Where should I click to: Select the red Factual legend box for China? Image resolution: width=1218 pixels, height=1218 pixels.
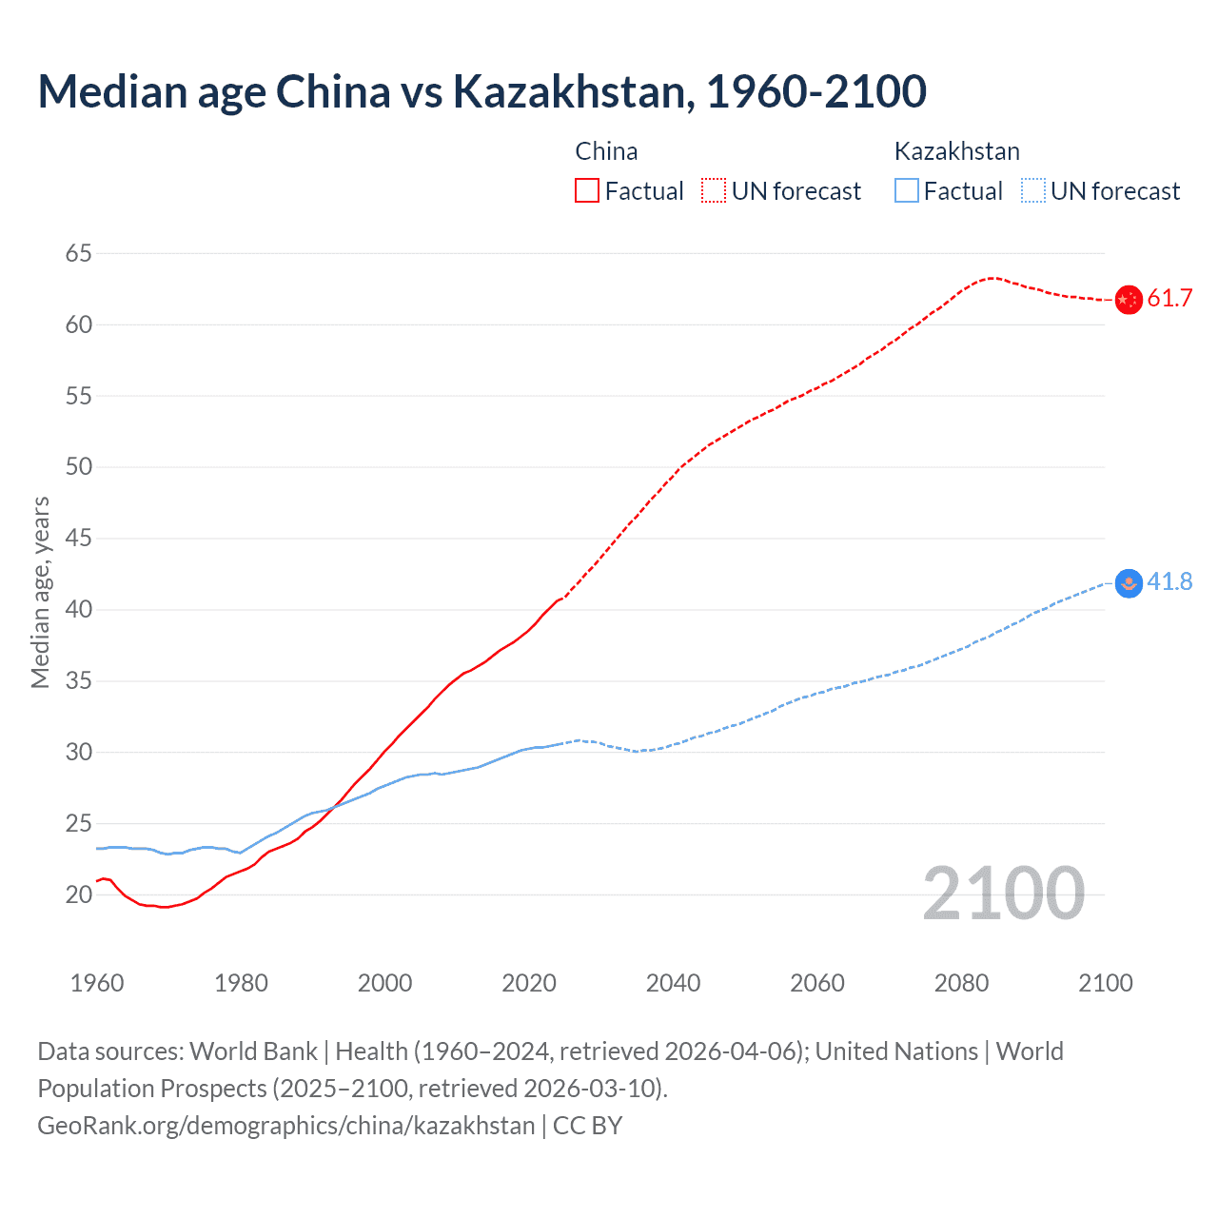(x=587, y=191)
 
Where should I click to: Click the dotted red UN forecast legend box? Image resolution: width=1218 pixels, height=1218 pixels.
(x=714, y=191)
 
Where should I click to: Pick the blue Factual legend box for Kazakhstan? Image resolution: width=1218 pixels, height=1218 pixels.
(x=907, y=191)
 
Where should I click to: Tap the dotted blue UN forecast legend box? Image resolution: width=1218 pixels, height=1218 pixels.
(x=1032, y=191)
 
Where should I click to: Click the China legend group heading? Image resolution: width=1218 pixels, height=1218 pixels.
(x=606, y=151)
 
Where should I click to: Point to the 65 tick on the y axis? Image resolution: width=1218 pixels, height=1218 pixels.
(x=79, y=253)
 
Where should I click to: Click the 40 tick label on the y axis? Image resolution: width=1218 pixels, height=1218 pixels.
(x=79, y=609)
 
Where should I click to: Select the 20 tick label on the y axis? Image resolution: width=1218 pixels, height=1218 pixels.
(x=79, y=894)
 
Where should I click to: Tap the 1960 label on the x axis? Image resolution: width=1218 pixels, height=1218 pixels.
(x=97, y=983)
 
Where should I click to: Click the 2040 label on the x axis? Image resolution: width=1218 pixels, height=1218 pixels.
(x=673, y=983)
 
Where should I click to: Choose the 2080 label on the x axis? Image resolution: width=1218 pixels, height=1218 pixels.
(x=961, y=983)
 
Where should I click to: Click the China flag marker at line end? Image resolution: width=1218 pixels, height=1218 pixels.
(x=1128, y=300)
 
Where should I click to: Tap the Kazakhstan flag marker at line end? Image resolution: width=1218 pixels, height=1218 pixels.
(x=1128, y=583)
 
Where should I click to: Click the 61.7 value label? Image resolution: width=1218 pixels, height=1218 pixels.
(x=1169, y=299)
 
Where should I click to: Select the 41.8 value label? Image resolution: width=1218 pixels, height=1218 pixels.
(x=1169, y=581)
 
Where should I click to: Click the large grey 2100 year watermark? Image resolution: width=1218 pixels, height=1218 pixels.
(x=1003, y=894)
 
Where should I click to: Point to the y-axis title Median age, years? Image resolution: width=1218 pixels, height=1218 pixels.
(x=40, y=592)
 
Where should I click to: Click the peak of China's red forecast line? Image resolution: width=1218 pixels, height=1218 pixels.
(x=992, y=278)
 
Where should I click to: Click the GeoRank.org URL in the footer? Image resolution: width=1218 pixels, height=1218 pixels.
(x=285, y=1126)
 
